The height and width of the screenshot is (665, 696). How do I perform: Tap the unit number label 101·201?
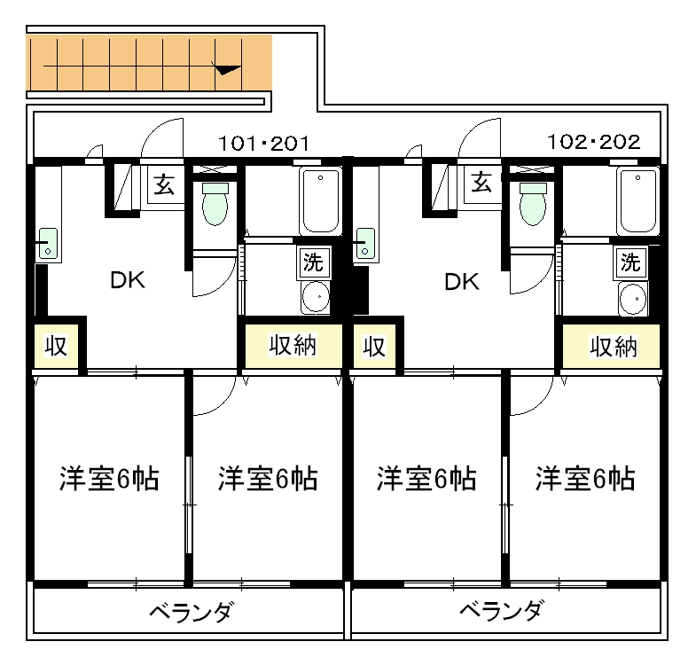click(262, 142)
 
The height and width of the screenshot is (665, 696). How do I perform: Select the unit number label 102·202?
click(593, 142)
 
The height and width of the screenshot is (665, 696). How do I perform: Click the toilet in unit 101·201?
click(215, 205)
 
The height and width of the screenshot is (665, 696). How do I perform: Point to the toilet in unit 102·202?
click(533, 205)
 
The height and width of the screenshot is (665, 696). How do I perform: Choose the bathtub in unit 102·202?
click(637, 202)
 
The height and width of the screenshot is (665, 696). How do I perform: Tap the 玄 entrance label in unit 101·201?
click(164, 185)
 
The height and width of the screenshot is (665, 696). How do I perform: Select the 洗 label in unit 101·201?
click(313, 262)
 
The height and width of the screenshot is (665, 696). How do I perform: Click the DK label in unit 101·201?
click(127, 281)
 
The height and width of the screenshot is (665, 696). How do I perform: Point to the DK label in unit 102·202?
click(462, 282)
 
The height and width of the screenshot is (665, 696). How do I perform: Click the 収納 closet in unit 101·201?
click(293, 345)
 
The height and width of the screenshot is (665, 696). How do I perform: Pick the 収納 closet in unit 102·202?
click(612, 346)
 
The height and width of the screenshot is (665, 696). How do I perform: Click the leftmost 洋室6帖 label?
click(109, 479)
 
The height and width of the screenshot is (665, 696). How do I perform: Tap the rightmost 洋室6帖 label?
click(584, 479)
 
